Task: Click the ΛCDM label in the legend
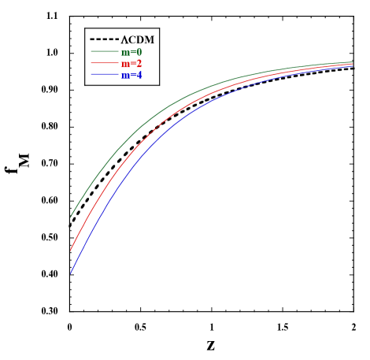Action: (138, 39)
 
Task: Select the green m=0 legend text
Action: (131, 52)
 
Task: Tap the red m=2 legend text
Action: (131, 63)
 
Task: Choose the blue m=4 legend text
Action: (131, 75)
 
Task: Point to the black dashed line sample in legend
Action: (104, 39)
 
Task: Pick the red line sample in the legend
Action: (104, 63)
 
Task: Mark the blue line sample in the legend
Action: (104, 75)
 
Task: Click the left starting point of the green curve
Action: (71, 217)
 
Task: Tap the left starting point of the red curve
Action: (71, 251)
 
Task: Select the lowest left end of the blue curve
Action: (71, 273)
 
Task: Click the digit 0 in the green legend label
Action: (139, 52)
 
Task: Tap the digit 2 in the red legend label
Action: (139, 63)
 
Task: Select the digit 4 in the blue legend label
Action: (139, 75)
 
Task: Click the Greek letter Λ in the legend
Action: (124, 39)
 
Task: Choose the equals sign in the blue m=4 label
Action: (132, 76)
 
